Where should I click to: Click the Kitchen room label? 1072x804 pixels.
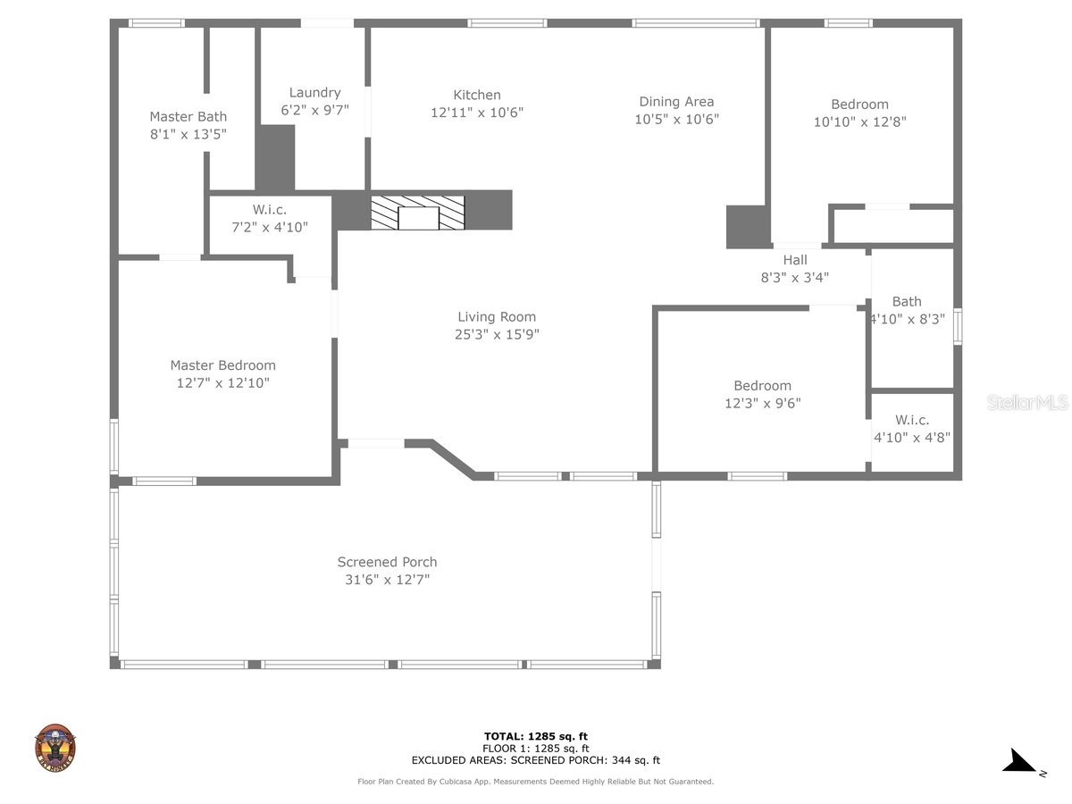pos(477,95)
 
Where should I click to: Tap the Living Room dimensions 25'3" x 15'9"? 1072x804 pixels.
pos(497,335)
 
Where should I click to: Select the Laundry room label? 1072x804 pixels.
pos(314,92)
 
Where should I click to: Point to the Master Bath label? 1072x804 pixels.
pos(188,116)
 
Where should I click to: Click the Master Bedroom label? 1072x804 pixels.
pos(222,364)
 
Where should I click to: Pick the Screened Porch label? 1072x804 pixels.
pos(387,562)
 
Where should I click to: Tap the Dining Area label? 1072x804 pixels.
pos(676,102)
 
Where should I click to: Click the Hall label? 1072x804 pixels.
pos(794,260)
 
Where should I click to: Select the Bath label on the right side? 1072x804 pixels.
pos(906,301)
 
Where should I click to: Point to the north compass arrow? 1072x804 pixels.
pos(1019,761)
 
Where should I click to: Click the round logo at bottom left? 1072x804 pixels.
pos(55,747)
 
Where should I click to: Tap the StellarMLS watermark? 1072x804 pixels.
pos(1026,403)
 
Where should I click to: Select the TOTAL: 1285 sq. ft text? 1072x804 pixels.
pos(535,736)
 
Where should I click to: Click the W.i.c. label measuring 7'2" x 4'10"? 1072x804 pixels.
pos(269,210)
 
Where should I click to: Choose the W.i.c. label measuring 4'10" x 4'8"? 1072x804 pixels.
pos(912,420)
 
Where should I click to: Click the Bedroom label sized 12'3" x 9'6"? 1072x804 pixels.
pos(762,386)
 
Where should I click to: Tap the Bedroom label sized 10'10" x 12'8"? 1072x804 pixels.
pos(859,105)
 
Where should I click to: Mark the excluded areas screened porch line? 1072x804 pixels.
pos(535,761)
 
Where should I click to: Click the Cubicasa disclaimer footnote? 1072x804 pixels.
pos(535,782)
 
